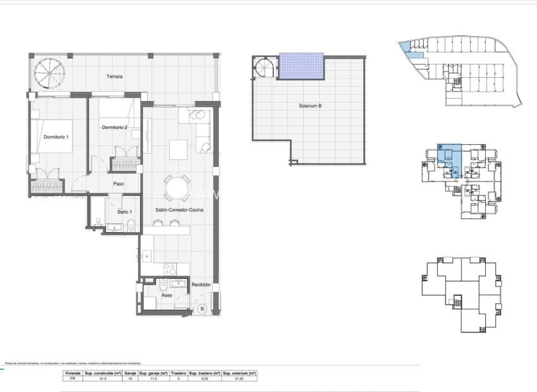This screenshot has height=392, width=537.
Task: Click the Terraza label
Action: [114, 77]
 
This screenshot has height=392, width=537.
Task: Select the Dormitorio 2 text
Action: [115, 128]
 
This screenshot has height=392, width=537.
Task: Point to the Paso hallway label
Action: [118, 184]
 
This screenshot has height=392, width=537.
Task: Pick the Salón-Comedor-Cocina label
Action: [178, 209]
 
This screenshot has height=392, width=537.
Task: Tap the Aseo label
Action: [166, 295]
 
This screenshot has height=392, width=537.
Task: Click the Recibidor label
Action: [202, 285]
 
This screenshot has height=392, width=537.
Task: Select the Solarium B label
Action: [310, 106]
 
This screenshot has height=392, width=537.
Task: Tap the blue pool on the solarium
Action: [301, 66]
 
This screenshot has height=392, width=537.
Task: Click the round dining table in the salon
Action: [176, 188]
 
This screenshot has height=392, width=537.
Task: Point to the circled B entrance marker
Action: [202, 309]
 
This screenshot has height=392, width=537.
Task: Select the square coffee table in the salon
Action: [178, 149]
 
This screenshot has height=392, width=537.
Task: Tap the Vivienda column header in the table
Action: [73, 374]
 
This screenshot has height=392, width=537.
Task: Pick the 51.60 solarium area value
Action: [240, 379]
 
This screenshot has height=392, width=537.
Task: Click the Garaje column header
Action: [129, 374]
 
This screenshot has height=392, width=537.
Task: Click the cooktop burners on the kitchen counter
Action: [170, 269]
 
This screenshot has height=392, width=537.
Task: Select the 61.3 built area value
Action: [102, 379]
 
